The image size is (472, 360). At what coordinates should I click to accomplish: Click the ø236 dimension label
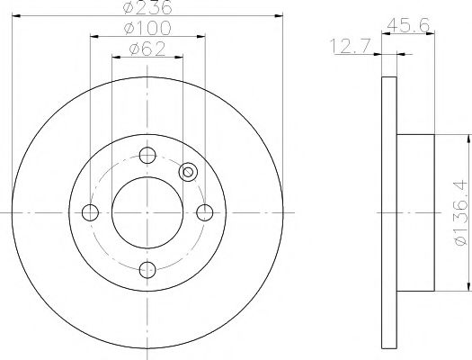point(147,8)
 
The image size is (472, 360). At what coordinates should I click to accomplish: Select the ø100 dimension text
point(147,29)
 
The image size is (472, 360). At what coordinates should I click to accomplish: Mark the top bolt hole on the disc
point(147,154)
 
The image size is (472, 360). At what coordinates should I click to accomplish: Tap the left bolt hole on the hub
point(89,212)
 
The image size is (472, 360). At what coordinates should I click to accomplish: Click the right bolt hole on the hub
point(206,212)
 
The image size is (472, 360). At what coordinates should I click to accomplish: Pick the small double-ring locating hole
point(188,172)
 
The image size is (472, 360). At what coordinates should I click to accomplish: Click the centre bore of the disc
point(147,212)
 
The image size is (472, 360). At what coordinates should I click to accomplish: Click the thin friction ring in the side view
point(389,212)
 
